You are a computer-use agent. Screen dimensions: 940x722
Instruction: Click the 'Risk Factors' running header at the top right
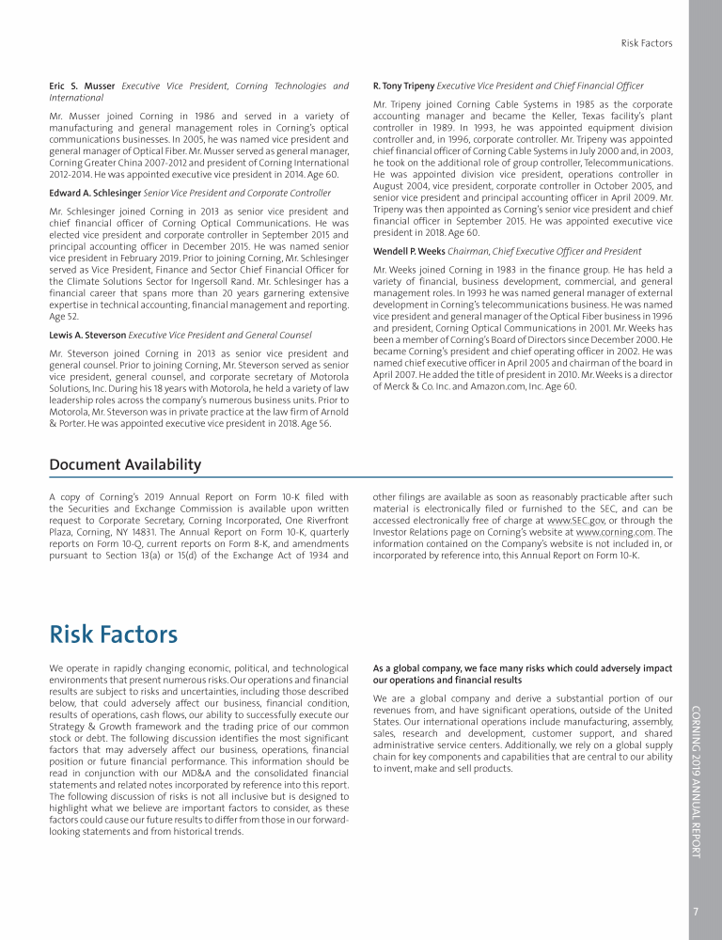pos(647,43)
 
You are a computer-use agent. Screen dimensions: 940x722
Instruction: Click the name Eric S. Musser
pos(80,86)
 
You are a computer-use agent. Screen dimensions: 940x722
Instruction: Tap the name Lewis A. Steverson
pos(86,335)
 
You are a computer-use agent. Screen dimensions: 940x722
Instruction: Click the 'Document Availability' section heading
pos(124,464)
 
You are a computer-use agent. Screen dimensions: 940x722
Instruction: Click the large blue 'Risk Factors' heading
pos(113,634)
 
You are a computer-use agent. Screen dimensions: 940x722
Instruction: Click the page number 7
pos(695,910)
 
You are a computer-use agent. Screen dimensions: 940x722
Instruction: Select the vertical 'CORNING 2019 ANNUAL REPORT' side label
pos(696,780)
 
